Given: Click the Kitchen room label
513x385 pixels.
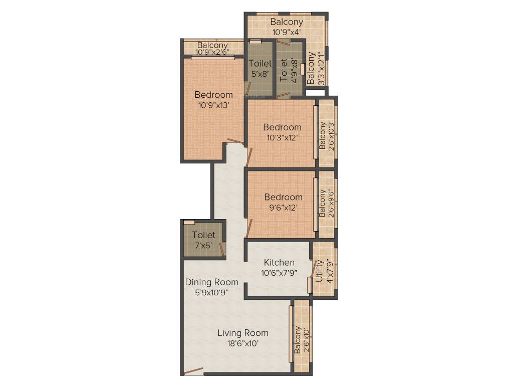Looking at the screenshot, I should (279, 263).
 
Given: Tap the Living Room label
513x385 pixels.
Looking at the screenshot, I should (242, 333).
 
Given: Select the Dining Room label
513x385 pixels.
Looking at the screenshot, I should (211, 282).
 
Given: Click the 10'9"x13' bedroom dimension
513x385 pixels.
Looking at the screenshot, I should (213, 105).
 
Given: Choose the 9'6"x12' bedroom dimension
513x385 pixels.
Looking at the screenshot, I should (283, 208).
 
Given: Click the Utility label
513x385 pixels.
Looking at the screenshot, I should (319, 271).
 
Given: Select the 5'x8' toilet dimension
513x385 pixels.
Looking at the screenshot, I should (260, 74).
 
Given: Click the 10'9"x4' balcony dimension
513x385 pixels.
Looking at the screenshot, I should (287, 32).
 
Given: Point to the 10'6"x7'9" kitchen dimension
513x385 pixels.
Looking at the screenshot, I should (279, 273).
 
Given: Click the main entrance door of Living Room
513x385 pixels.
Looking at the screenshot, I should (193, 371).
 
